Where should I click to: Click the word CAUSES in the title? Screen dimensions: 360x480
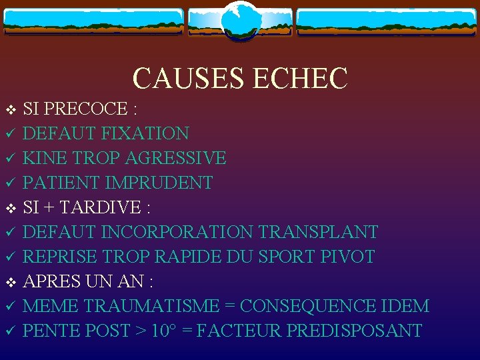coord(189,78)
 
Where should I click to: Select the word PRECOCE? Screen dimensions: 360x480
coord(87,109)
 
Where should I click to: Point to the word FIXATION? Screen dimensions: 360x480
coord(145,133)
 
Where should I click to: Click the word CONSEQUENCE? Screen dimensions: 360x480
coord(306,306)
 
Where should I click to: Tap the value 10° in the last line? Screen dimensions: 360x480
coord(163,331)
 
